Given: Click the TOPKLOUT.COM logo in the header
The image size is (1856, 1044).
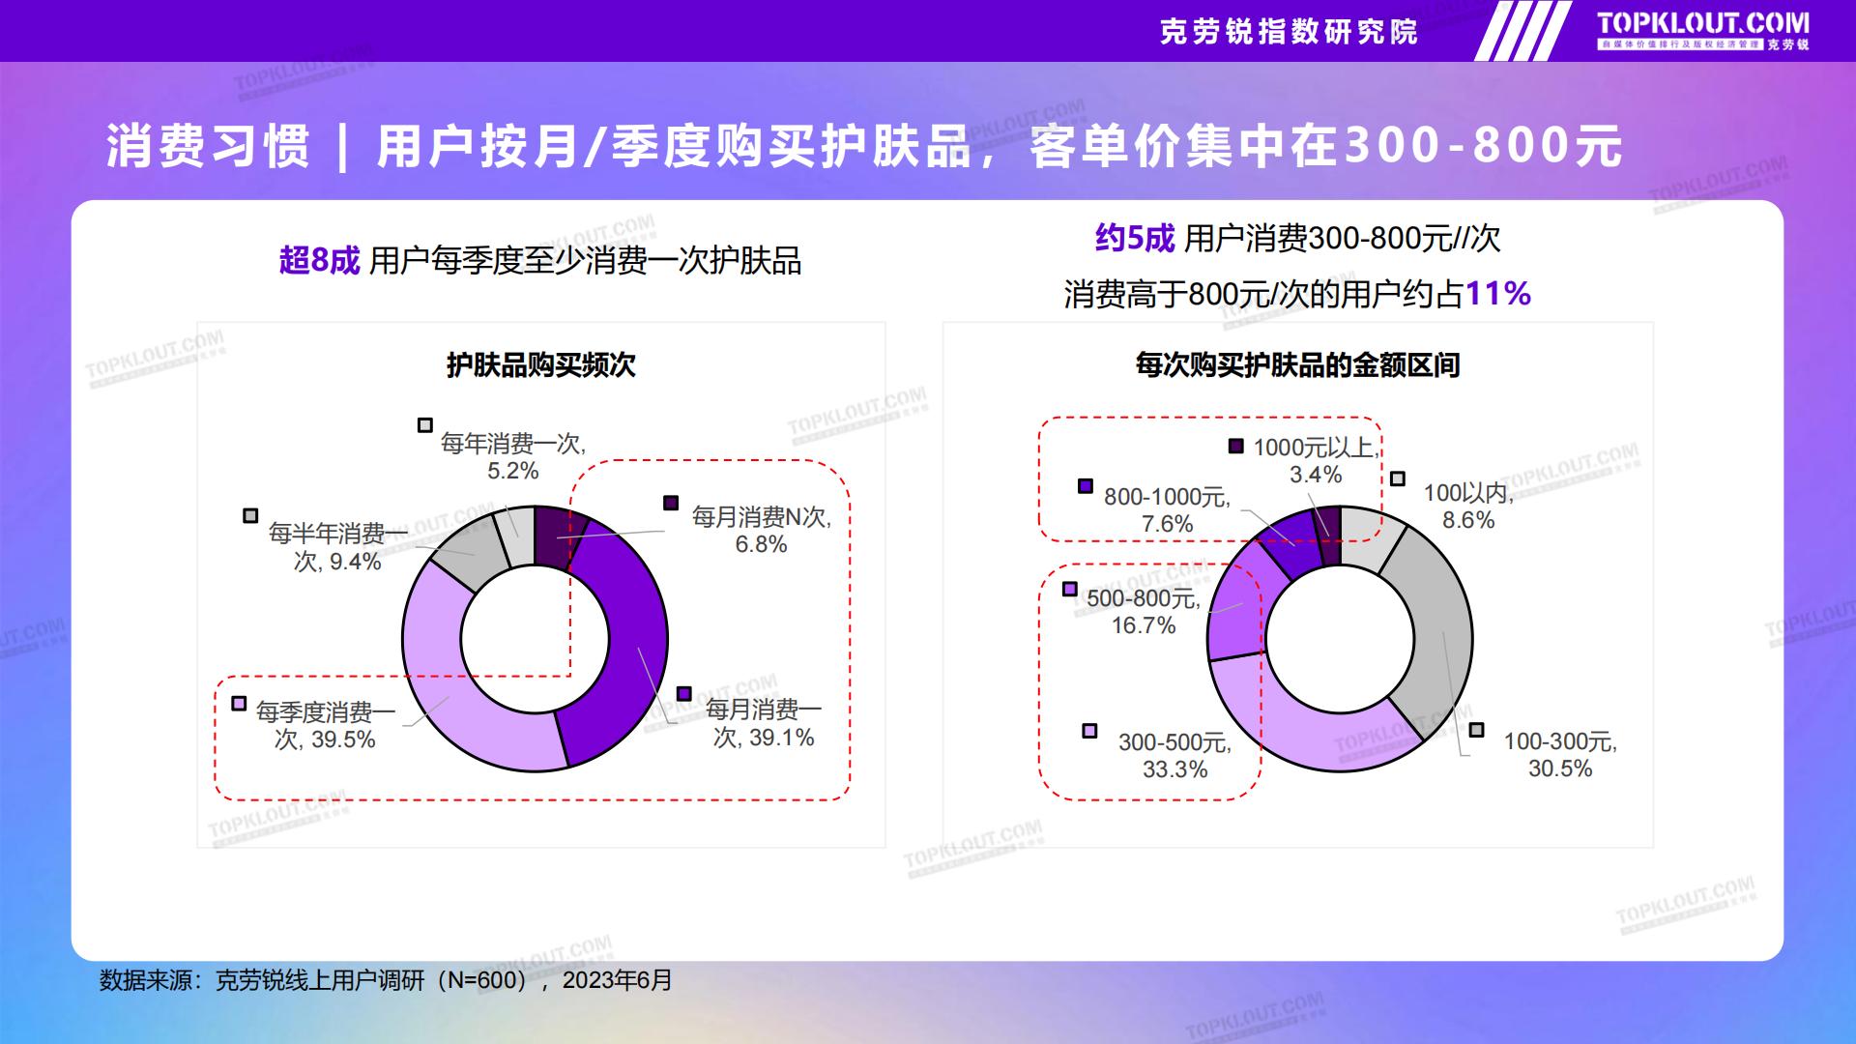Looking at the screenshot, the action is click(x=1702, y=30).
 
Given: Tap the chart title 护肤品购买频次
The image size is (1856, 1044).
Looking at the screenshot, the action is click(x=541, y=365).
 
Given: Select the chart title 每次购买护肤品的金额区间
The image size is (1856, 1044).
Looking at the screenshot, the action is click(x=1297, y=365).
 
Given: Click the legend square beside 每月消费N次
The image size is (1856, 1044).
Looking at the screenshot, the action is click(x=671, y=503).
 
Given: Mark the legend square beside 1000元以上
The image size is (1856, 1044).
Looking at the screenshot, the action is click(x=1235, y=446).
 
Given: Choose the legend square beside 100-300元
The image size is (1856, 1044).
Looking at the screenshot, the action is click(x=1476, y=730).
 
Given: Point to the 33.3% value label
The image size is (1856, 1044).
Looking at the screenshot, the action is click(x=1175, y=769).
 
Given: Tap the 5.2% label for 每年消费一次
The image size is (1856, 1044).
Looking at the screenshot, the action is click(x=512, y=471).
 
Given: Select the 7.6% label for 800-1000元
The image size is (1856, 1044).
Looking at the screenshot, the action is click(x=1167, y=524).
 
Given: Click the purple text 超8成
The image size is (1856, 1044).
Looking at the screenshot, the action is click(x=319, y=260).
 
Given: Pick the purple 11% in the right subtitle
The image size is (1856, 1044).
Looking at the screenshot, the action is click(x=1498, y=293).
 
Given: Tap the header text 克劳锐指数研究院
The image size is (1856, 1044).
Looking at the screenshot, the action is click(x=1289, y=32).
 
